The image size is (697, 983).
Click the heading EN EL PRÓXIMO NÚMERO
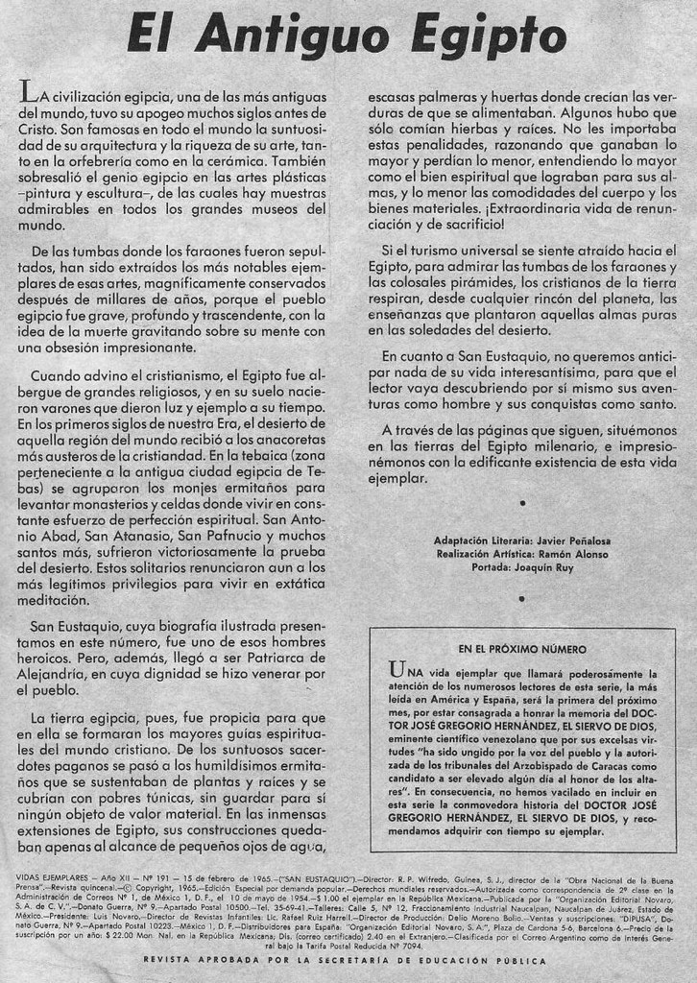pyautogui.click(x=521, y=650)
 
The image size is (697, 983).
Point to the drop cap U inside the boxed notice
pyautogui.click(x=397, y=669)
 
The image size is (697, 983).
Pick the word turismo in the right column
pyautogui.click(x=434, y=250)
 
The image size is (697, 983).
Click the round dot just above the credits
pyautogui.click(x=521, y=503)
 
